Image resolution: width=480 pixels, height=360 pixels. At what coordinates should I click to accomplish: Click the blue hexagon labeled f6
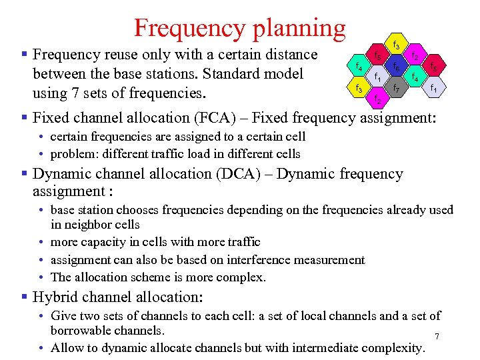coord(396,67)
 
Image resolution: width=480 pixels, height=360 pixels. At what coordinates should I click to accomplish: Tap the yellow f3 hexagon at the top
coord(396,46)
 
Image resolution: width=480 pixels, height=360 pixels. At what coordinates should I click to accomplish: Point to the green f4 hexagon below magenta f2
coord(415,77)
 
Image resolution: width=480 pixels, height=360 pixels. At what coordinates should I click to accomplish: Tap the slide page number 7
coord(437,337)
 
